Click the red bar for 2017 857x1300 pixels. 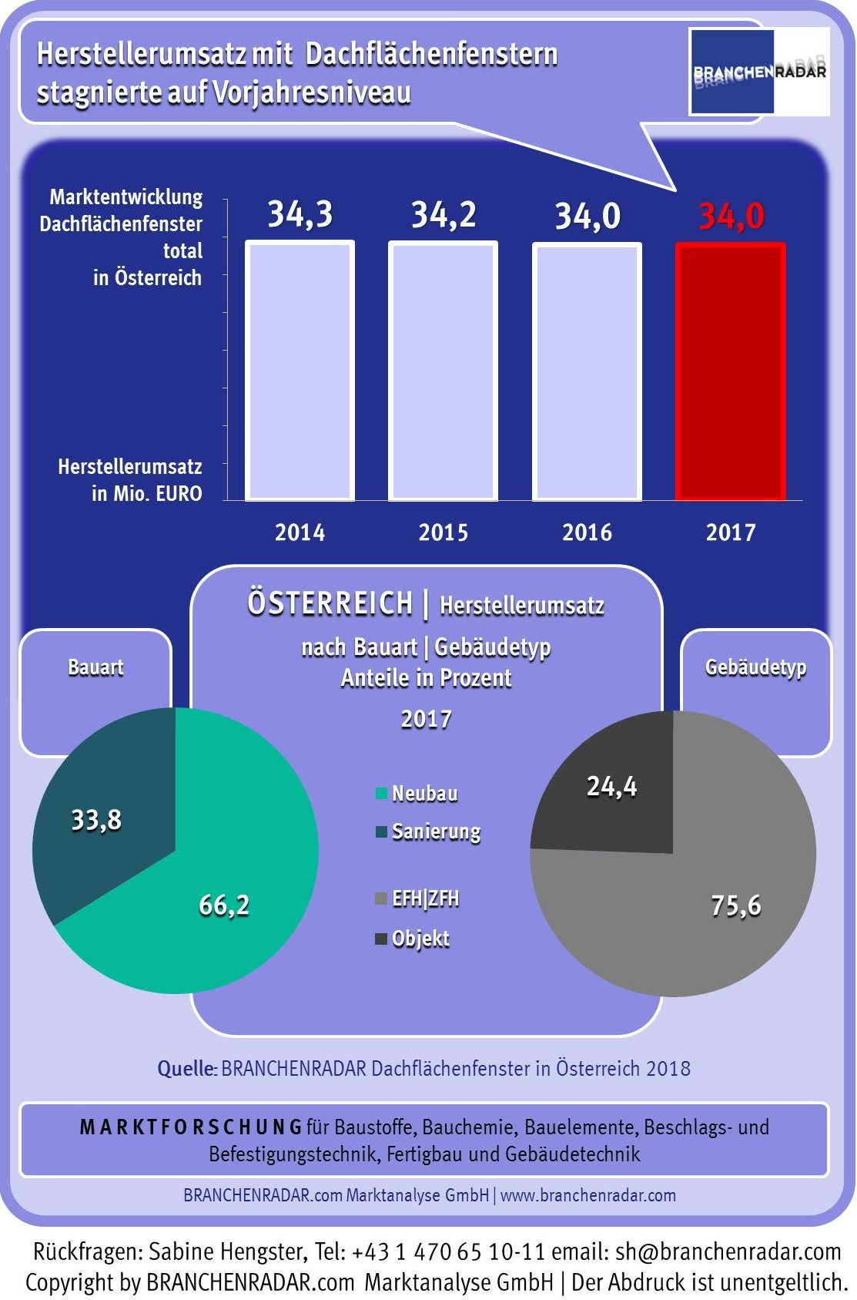pyautogui.click(x=730, y=371)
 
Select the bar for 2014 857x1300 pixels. pyautogui.click(x=300, y=371)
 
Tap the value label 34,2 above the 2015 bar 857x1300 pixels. pyautogui.click(x=444, y=215)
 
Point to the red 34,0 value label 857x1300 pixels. pyautogui.click(x=731, y=217)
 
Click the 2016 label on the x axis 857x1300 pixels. pyautogui.click(x=587, y=532)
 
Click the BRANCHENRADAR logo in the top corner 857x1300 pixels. pyautogui.click(x=759, y=72)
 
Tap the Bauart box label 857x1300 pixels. pyautogui.click(x=95, y=667)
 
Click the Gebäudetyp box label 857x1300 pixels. pyautogui.click(x=755, y=667)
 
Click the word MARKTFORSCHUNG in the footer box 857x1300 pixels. pyautogui.click(x=191, y=1127)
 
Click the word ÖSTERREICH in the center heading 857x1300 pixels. pyautogui.click(x=330, y=603)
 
